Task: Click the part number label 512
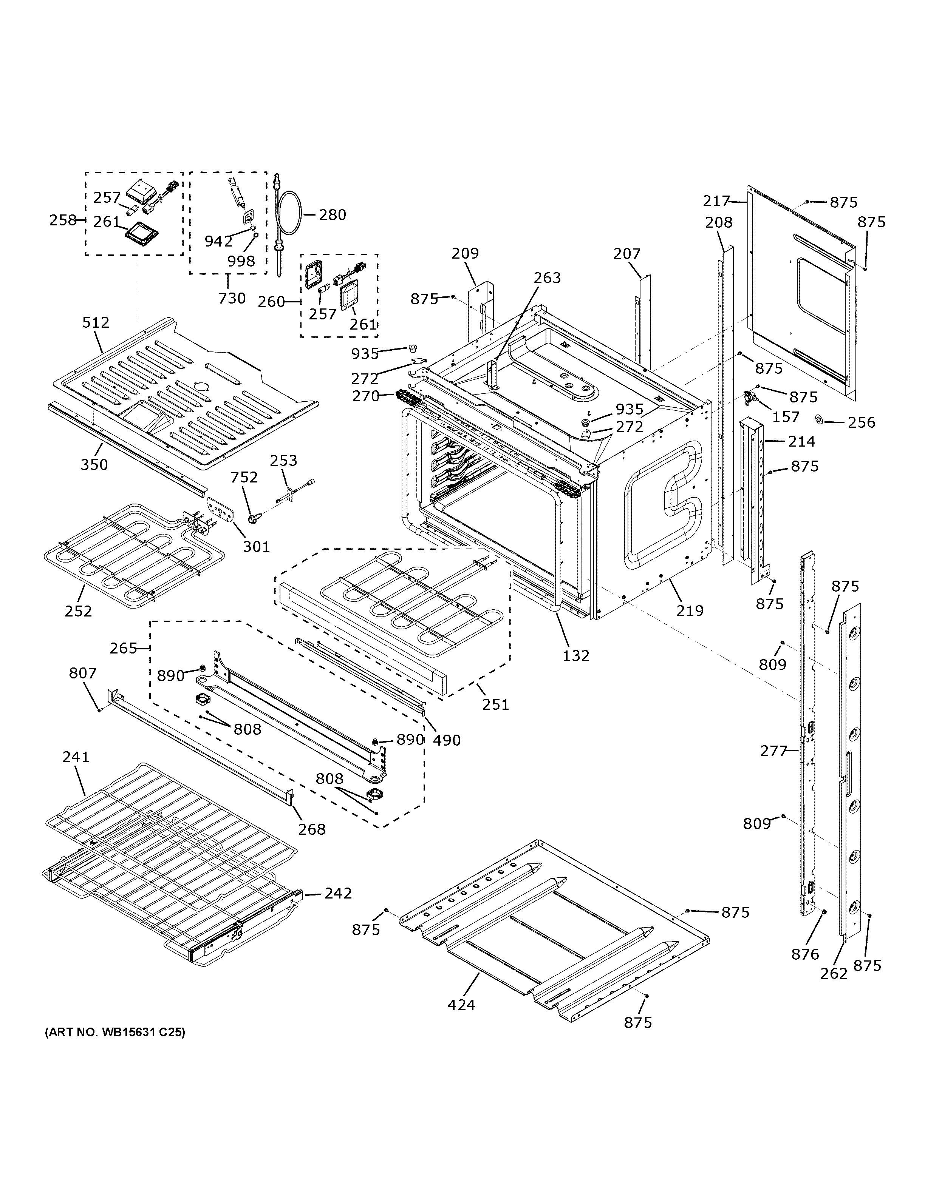(96, 322)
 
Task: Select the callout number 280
(333, 215)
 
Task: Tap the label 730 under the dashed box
(232, 299)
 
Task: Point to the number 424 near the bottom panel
(461, 1005)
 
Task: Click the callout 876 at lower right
(805, 954)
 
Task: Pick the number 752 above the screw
(244, 478)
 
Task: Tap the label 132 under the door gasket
(576, 655)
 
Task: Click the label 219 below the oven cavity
(689, 610)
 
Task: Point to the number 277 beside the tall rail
(773, 751)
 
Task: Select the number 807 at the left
(83, 673)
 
